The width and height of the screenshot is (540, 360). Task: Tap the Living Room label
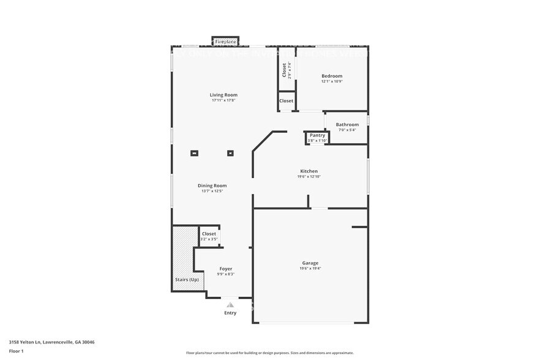point(223,95)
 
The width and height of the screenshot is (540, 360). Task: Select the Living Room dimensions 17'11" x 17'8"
point(223,100)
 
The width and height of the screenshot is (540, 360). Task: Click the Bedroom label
point(332,76)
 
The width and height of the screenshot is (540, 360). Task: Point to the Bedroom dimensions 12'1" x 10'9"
point(332,81)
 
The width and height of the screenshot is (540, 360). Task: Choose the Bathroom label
point(347,124)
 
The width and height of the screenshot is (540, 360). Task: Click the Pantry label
point(317,135)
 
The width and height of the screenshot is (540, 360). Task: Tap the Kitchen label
point(309,171)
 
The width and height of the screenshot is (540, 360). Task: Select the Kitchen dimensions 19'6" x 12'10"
point(309,176)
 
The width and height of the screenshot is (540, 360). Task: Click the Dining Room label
point(212,186)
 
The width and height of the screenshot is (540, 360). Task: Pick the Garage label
point(310,263)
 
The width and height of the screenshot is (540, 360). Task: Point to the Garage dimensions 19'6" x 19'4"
point(310,268)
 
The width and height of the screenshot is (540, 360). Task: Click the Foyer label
point(226,269)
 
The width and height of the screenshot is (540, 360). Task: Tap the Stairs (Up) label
point(187,280)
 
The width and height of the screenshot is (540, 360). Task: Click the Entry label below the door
point(230,313)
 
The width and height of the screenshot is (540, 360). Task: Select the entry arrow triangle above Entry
point(230,304)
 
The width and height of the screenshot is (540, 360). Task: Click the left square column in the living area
point(195,154)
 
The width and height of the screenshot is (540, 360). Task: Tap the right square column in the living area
point(230,154)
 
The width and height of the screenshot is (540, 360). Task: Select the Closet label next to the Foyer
point(209,233)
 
